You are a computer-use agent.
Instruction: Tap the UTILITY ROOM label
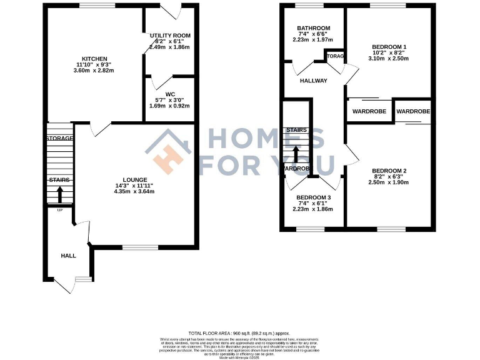pos(170,36)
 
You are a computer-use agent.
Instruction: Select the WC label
pos(170,96)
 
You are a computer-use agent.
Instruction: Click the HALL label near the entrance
pos(68,256)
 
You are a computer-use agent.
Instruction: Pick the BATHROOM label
pos(313,28)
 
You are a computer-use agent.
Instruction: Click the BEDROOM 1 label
pos(389,47)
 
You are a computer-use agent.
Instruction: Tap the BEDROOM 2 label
pos(389,171)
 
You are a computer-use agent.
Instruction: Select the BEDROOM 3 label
pos(313,197)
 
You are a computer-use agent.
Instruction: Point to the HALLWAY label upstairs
pos(313,81)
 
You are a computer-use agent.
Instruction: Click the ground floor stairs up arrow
pos(60,194)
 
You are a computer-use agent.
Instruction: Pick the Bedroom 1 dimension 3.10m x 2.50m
pos(389,58)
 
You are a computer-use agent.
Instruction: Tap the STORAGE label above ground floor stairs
pos(59,138)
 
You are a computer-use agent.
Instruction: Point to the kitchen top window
pos(97,6)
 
